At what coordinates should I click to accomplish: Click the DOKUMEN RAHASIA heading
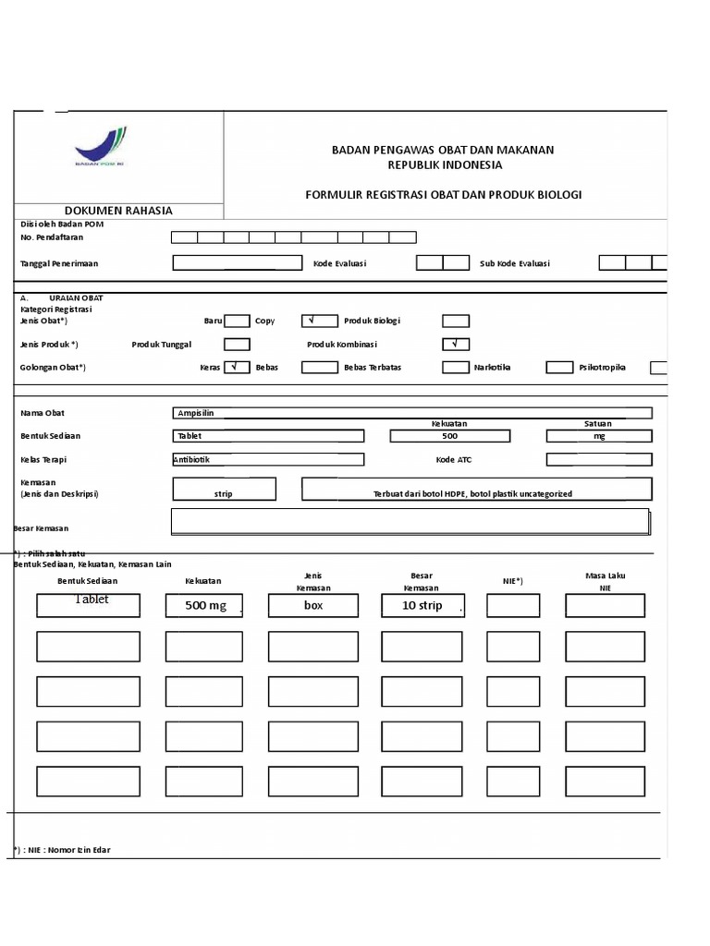point(118,211)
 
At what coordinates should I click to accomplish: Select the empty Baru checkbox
point(237,321)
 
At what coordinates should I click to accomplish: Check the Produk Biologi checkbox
point(455,321)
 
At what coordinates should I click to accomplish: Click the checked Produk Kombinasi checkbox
point(455,344)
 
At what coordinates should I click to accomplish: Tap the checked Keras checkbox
point(237,367)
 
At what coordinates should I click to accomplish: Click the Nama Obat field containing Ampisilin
point(411,413)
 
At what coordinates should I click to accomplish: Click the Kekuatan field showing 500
point(449,436)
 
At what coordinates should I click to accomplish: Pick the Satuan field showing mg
point(599,436)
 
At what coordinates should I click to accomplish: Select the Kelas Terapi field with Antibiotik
point(268,459)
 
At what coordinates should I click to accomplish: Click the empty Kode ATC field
point(599,459)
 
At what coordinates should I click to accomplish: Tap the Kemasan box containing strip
point(224,490)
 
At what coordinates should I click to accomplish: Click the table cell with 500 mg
point(204,606)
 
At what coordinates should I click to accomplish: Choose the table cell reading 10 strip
point(422,606)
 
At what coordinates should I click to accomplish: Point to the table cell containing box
point(312,606)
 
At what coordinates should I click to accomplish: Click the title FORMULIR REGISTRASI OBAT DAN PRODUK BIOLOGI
point(444,195)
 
